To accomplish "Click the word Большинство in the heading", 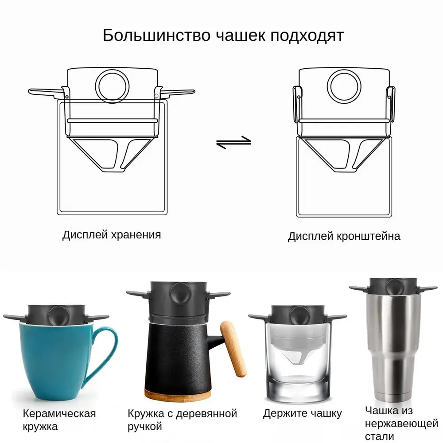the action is (156, 35).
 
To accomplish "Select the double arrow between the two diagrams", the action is (233, 142).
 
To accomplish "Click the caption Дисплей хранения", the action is (112, 235).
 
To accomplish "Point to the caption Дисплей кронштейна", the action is (344, 236).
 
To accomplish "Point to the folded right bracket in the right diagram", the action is (391, 104).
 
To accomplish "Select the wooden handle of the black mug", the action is (233, 349).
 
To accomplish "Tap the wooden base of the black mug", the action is (178, 395).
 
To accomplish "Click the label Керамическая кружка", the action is (59, 420).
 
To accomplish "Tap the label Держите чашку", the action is (302, 414).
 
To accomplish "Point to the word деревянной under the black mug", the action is (206, 414).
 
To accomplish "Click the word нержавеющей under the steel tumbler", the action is (401, 424).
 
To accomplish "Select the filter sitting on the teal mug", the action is (56, 315).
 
